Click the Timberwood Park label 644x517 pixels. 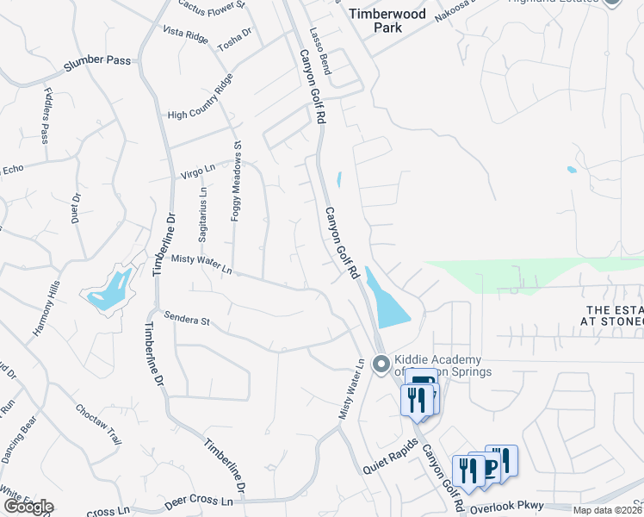point(376,20)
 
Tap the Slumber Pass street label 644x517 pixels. point(97,64)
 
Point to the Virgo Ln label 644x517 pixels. point(196,171)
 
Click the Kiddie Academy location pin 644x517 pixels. point(381,366)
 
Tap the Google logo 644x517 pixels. point(28,507)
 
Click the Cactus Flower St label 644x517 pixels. point(211,5)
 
